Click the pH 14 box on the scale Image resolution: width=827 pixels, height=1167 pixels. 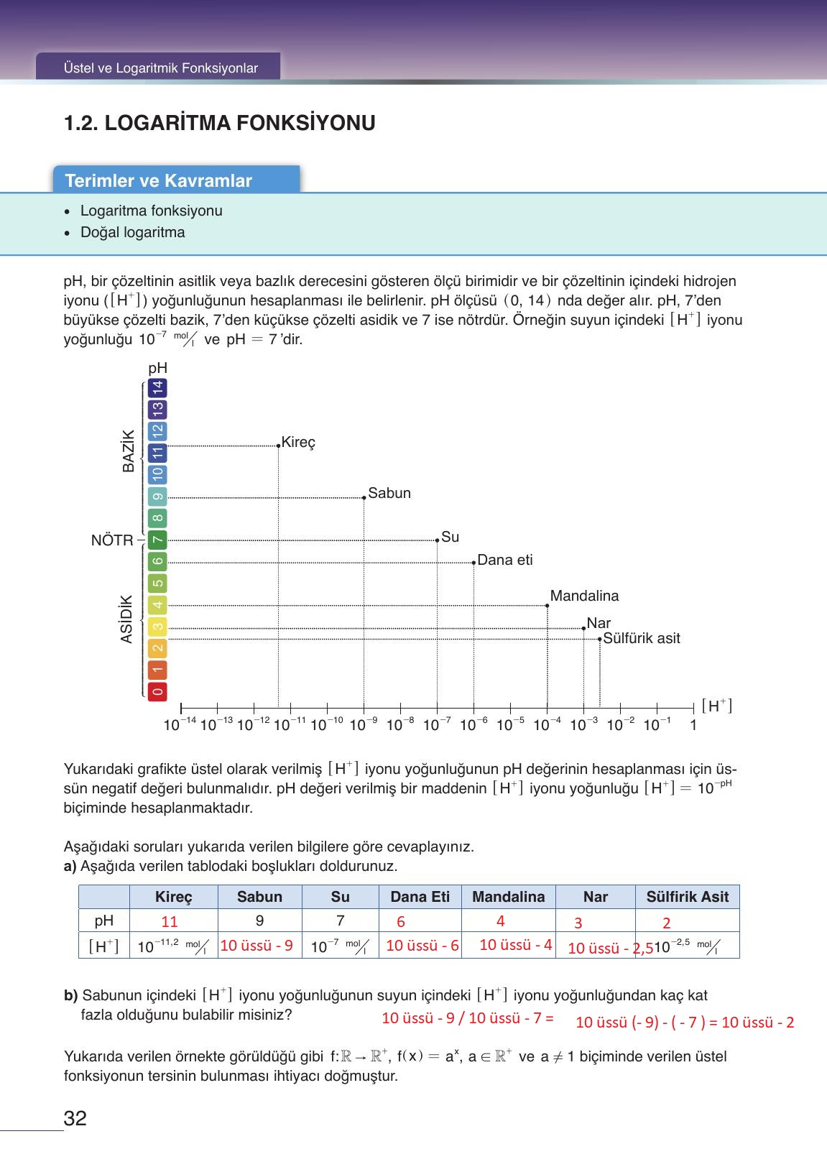[x=158, y=389]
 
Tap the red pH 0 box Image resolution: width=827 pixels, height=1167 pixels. [x=158, y=691]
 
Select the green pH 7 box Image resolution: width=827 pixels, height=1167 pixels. [x=158, y=540]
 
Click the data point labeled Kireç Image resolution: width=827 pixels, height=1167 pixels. [x=279, y=446]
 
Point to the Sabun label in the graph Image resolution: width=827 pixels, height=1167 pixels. [x=389, y=493]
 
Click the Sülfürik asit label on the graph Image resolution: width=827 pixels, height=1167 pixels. [x=641, y=638]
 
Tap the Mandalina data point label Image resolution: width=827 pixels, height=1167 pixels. [x=584, y=596]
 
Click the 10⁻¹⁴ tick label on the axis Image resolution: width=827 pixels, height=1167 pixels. [x=180, y=725]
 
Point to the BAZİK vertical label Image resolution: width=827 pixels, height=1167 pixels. [x=129, y=451]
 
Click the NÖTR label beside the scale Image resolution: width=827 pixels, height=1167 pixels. [x=112, y=540]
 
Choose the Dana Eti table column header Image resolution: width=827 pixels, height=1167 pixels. [x=420, y=897]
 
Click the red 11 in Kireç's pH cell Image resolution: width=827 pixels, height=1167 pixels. [x=170, y=921]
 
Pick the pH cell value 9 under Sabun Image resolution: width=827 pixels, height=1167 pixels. [x=259, y=921]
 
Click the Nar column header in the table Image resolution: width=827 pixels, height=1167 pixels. [x=595, y=897]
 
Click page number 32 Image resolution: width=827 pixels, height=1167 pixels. [x=75, y=1119]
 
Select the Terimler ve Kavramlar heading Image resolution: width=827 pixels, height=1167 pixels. [x=159, y=180]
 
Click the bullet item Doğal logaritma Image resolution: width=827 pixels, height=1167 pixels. [x=132, y=232]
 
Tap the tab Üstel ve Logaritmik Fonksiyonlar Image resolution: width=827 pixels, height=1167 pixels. [x=160, y=68]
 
